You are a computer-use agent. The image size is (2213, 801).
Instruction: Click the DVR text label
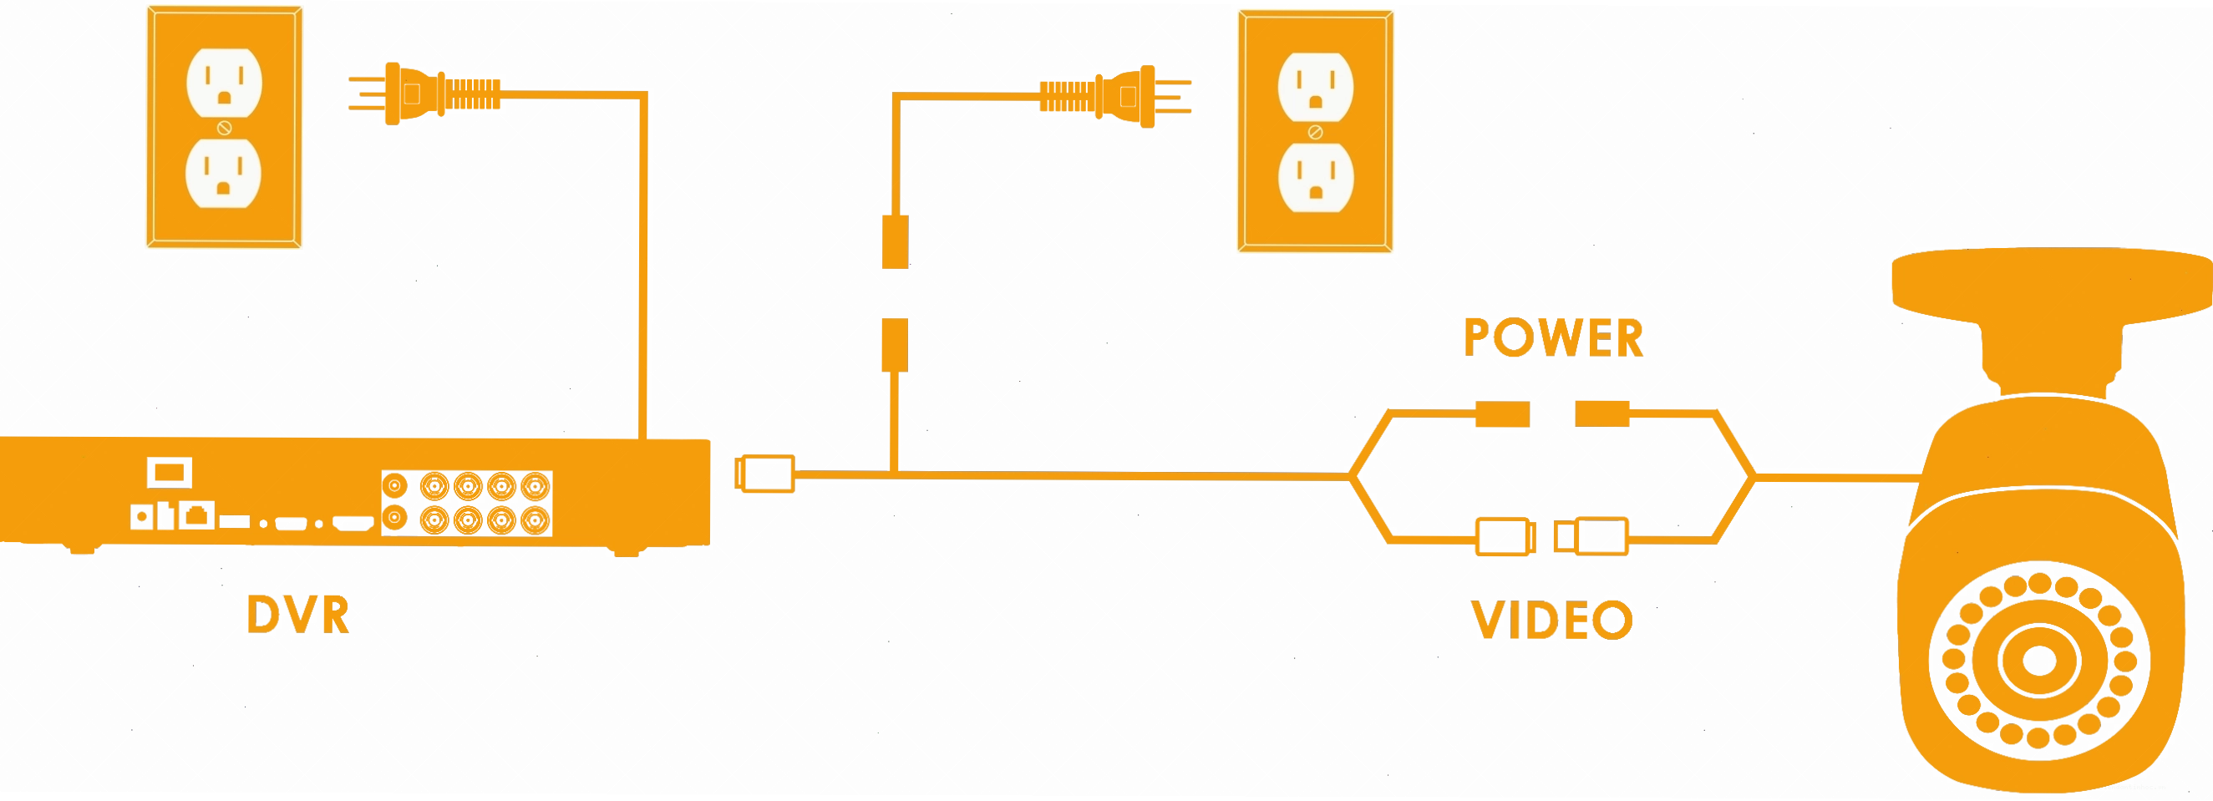point(298,615)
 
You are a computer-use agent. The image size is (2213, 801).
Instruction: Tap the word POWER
point(1553,337)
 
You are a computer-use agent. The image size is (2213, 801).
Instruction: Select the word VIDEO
point(1551,620)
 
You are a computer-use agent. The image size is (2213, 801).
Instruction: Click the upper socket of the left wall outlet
point(224,83)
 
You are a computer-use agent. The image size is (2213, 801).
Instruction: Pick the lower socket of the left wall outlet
point(223,173)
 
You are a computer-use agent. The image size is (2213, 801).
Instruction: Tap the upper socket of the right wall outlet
point(1315,87)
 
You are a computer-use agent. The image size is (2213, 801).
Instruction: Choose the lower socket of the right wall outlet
point(1315,177)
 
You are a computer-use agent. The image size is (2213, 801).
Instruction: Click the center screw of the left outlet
point(224,128)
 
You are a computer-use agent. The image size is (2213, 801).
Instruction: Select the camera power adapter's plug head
point(1116,96)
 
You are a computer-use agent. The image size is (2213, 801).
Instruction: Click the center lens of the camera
point(2039,660)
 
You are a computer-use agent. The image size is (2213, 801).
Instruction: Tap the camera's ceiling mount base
point(2053,285)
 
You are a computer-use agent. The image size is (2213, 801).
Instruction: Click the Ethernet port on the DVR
point(196,515)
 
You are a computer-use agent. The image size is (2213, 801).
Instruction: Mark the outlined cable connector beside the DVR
point(764,474)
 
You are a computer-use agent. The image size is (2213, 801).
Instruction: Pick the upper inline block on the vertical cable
point(896,242)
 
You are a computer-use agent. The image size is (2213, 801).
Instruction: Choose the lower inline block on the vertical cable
point(896,345)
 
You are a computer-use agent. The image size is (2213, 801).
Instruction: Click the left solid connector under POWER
point(1503,413)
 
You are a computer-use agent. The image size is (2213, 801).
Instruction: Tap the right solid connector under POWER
point(1602,413)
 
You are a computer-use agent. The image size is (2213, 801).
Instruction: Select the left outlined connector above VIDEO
point(1506,536)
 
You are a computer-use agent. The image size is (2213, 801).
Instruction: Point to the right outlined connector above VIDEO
point(1591,536)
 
